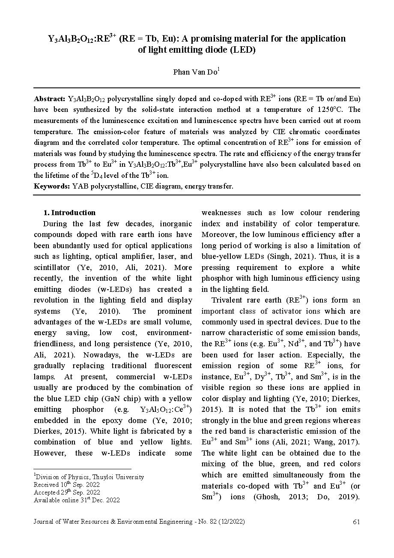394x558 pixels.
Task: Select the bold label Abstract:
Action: pyautogui.click(x=49, y=99)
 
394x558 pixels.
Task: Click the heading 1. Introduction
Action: pyautogui.click(x=70, y=213)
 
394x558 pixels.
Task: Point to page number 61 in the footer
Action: pyautogui.click(x=356, y=522)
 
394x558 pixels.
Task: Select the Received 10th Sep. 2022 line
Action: pyautogui.click(x=67, y=485)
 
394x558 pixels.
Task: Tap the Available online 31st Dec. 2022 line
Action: pyautogui.click(x=77, y=500)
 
